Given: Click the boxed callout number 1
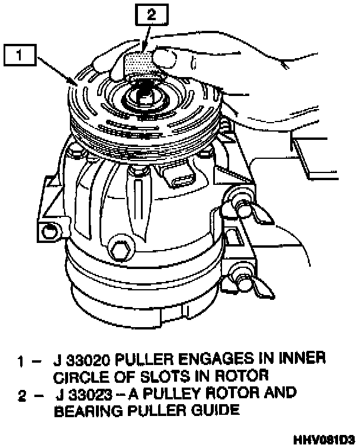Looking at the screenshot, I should point(20,56).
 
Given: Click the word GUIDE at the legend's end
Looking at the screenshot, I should point(214,411).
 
